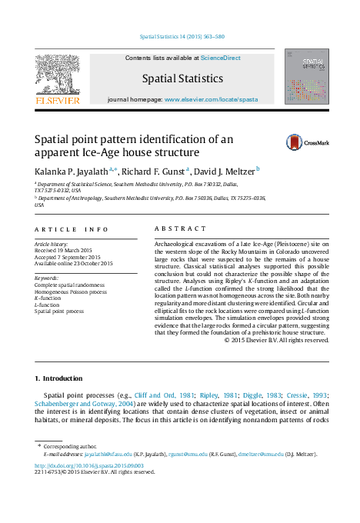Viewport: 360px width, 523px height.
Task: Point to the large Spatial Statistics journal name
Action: click(x=182, y=78)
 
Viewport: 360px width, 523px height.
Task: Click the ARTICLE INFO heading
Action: click(x=72, y=229)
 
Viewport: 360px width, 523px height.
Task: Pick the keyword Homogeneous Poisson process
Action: click(x=72, y=292)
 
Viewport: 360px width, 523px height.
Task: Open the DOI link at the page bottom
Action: click(x=76, y=465)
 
